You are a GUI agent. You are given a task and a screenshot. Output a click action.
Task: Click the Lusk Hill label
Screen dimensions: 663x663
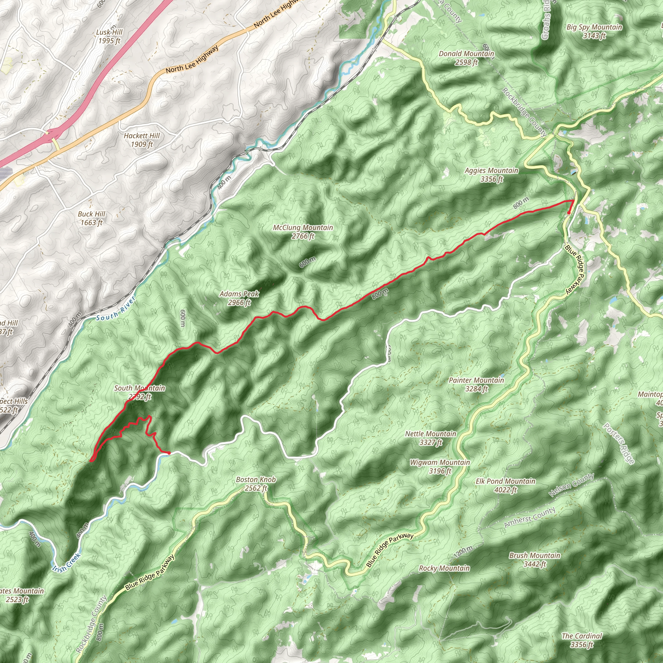point(109,36)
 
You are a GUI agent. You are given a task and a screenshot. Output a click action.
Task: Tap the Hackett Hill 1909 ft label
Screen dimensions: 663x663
point(141,140)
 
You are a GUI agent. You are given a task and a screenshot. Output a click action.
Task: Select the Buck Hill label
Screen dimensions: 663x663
point(91,218)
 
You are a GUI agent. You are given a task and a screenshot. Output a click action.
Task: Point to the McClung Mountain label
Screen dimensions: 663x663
point(303,232)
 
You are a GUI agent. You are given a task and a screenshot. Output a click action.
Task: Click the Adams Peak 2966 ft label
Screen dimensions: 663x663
point(239,298)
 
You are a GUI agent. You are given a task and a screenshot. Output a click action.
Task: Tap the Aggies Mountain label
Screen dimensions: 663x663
point(491,175)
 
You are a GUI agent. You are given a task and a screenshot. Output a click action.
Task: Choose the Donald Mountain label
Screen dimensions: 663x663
point(466,58)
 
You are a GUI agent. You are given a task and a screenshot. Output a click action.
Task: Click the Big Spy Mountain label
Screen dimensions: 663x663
point(594,31)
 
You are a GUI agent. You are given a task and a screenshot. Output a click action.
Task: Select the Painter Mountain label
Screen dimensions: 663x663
point(476,384)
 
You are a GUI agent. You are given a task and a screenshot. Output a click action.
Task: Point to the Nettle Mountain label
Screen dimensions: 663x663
point(431,438)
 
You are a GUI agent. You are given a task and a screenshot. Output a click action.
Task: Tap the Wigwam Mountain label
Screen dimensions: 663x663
point(440,466)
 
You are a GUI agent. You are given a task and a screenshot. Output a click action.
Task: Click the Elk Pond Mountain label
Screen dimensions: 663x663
point(505,485)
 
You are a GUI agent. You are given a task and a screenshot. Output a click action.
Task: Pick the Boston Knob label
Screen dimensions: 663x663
point(256,484)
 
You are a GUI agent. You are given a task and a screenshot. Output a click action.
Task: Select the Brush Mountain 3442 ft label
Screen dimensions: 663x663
point(535,559)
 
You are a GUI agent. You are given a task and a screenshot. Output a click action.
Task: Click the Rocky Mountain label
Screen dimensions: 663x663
point(444,568)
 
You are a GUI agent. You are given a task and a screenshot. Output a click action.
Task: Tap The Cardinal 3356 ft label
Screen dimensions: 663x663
point(582,640)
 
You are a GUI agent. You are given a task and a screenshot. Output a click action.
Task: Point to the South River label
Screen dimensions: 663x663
point(116,309)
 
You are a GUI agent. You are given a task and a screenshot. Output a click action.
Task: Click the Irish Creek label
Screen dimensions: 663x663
point(66,562)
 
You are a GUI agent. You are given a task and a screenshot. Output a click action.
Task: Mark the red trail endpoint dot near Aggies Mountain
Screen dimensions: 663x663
point(568,213)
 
